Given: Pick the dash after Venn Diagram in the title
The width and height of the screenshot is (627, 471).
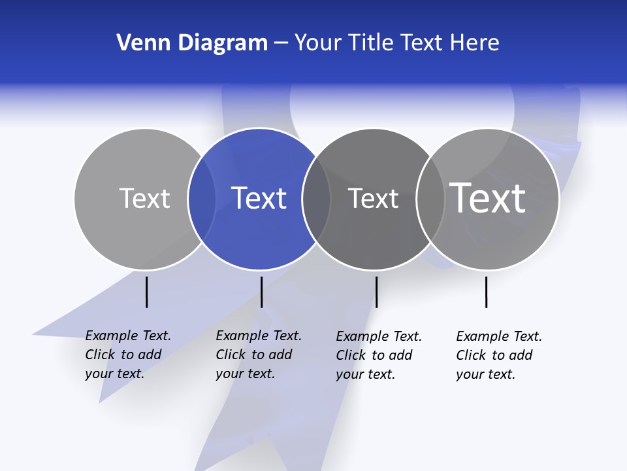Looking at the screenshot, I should [x=281, y=43].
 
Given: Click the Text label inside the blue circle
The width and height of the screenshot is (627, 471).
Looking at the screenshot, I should [x=259, y=198].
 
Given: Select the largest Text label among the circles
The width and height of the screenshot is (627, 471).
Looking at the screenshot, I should [x=488, y=198].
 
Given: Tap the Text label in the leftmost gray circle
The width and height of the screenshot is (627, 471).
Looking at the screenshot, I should [x=144, y=198].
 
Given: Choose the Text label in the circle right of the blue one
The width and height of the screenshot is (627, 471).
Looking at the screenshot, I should [x=373, y=198].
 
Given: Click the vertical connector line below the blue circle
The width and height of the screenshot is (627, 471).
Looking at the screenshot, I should [x=261, y=292].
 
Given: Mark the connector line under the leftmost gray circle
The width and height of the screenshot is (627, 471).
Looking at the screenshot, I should [x=146, y=292].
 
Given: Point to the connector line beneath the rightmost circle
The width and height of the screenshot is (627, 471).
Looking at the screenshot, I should [x=486, y=292].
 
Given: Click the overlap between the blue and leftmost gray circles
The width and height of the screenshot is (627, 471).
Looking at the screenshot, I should [x=202, y=198].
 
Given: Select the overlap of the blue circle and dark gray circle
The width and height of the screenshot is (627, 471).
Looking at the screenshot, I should [x=316, y=198].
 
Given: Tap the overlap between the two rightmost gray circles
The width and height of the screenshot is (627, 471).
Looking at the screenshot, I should [x=430, y=198].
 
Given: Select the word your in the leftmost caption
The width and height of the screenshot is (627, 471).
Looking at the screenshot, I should [x=99, y=374].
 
